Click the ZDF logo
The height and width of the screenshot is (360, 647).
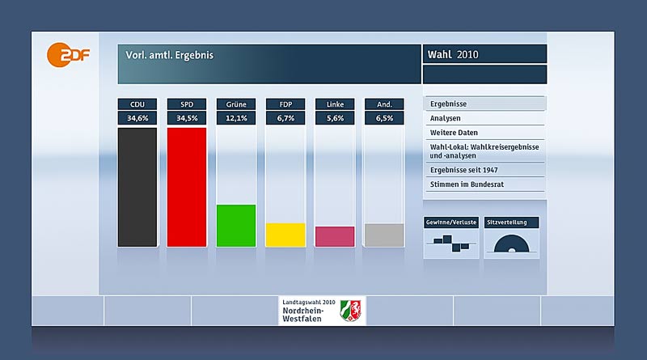pyautogui.click(x=67, y=56)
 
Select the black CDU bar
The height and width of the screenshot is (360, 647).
pyautogui.click(x=137, y=186)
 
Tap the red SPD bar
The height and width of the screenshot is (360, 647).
pyautogui.click(x=186, y=186)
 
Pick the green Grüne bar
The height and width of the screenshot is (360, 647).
pyautogui.click(x=235, y=225)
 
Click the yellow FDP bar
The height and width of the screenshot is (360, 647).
pyautogui.click(x=285, y=234)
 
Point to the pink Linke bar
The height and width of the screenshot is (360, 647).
pyautogui.click(x=334, y=236)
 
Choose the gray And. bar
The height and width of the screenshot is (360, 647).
pyautogui.click(x=383, y=235)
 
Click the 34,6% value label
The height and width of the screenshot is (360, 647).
pyautogui.click(x=137, y=118)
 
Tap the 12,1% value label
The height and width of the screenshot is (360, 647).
pyautogui.click(x=235, y=118)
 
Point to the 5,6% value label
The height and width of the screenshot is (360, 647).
pyautogui.click(x=334, y=118)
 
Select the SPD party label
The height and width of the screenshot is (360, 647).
pyautogui.click(x=186, y=104)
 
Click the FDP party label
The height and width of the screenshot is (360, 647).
pyautogui.click(x=285, y=104)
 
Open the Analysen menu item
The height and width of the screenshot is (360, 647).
pyautogui.click(x=484, y=118)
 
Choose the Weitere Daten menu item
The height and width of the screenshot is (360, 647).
pyautogui.click(x=484, y=132)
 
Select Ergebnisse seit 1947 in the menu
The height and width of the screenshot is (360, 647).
pyautogui.click(x=484, y=170)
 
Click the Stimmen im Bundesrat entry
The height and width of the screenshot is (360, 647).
pyautogui.click(x=484, y=184)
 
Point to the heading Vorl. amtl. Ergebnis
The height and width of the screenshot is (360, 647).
pyautogui.click(x=169, y=56)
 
